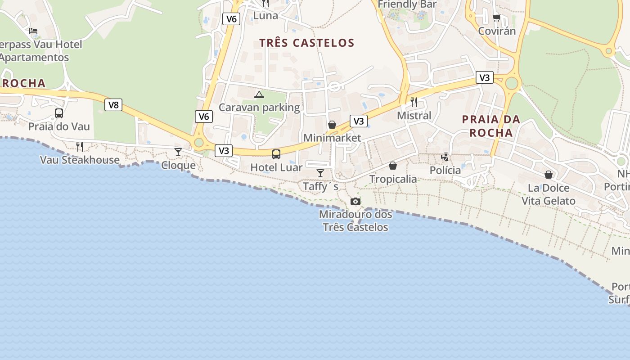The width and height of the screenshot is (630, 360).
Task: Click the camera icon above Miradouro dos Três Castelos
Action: coord(355,201)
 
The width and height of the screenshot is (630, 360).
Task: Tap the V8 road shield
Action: coord(113,105)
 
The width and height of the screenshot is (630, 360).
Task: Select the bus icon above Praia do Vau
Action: coord(59,113)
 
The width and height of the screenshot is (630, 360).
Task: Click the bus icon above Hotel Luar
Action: coord(276,154)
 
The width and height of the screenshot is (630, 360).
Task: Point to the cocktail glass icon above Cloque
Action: coord(178,152)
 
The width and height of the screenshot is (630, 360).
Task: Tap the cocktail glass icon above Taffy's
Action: coord(320,173)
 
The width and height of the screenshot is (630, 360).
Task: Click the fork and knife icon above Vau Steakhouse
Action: coord(80,146)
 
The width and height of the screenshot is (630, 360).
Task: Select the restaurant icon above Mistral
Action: coord(414,102)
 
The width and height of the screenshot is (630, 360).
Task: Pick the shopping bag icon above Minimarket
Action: coord(332,125)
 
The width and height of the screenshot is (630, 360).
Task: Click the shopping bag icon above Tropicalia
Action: coord(393,166)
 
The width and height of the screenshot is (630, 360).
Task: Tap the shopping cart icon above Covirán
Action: coord(496,18)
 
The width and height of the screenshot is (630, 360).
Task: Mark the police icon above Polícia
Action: coord(445,157)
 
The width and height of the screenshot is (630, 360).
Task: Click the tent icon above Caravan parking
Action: coord(259,94)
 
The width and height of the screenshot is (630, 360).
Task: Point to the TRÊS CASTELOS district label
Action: coord(307,43)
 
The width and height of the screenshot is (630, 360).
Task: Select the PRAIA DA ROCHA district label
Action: coord(491,126)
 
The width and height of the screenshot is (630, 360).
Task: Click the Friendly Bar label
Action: coord(407,4)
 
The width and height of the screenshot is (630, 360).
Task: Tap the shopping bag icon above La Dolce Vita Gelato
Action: coord(549,175)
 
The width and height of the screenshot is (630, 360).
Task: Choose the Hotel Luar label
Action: coord(276,167)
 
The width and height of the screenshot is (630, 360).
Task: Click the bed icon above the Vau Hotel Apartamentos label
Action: coord(33,31)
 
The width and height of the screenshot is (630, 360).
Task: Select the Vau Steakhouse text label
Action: coord(80,160)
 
